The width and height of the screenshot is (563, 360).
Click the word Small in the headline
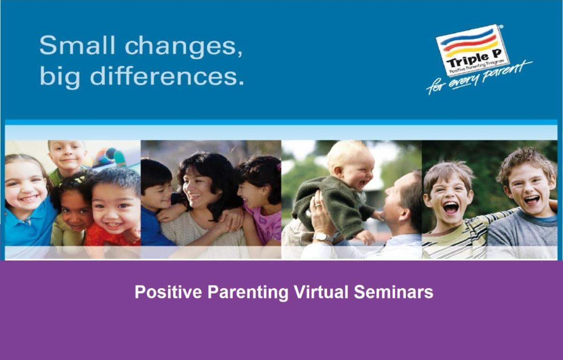pyautogui.click(x=77, y=45)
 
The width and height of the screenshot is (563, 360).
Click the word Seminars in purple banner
pyautogui.click(x=394, y=292)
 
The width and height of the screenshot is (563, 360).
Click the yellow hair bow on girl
pyautogui.click(x=80, y=179)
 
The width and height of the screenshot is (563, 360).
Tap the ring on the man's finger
pyautogui.click(x=318, y=205)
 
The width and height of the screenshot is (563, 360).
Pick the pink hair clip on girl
pyautogui.click(x=279, y=166)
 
